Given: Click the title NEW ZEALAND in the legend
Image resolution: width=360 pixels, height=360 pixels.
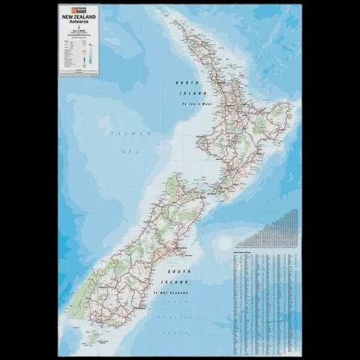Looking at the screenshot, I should (80, 16).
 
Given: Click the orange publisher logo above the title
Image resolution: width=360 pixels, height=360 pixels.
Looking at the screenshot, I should (66, 10).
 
